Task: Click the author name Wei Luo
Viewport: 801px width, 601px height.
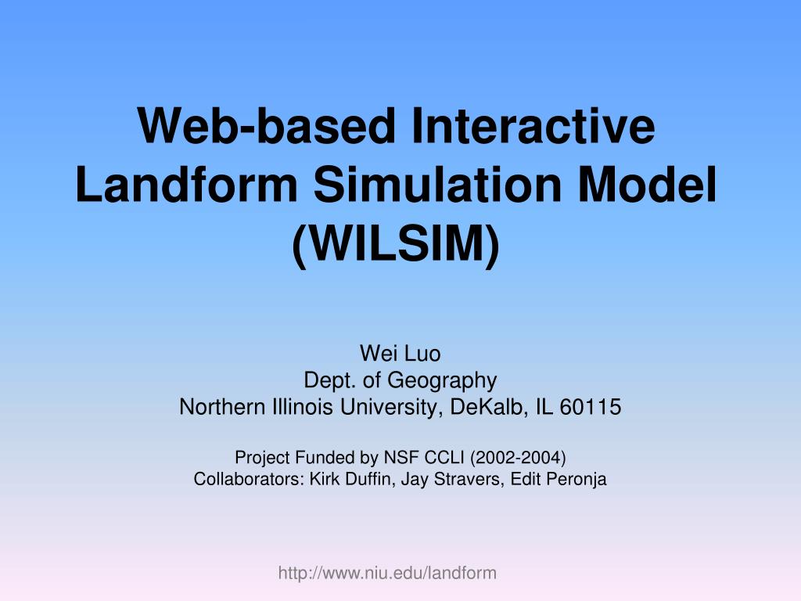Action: (400, 354)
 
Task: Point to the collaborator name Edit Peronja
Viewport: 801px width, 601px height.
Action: (559, 480)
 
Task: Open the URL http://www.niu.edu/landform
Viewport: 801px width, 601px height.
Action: (387, 574)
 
